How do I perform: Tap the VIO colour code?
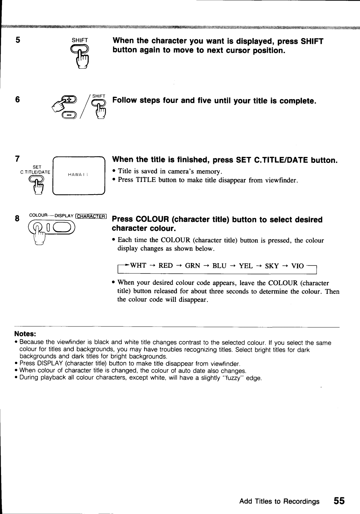[298, 265]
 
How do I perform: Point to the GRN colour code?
[192, 265]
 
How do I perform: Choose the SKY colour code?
[272, 265]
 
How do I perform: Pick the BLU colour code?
[219, 265]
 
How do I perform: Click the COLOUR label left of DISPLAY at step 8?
[39, 215]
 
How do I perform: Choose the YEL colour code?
[246, 265]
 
